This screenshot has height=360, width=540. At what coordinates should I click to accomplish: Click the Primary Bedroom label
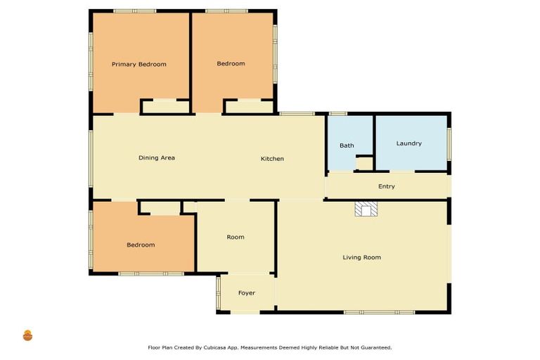pyautogui.click(x=139, y=64)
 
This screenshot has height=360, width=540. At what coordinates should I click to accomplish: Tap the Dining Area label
pyautogui.click(x=156, y=158)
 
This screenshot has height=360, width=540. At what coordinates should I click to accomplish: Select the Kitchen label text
pyautogui.click(x=272, y=159)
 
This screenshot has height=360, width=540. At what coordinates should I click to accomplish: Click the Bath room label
pyautogui.click(x=347, y=146)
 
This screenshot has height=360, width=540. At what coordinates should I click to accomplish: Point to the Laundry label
pyautogui.click(x=409, y=143)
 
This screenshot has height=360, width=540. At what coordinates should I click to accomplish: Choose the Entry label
pyautogui.click(x=386, y=186)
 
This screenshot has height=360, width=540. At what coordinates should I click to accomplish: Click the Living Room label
pyautogui.click(x=361, y=257)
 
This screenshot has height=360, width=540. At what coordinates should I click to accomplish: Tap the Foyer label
pyautogui.click(x=246, y=292)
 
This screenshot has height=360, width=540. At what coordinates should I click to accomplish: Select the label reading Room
pyautogui.click(x=236, y=237)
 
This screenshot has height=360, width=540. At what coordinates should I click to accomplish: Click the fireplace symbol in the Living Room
pyautogui.click(x=366, y=209)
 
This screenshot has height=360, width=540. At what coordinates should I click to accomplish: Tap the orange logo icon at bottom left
pyautogui.click(x=28, y=335)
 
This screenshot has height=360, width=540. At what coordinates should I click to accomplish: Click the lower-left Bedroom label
pyautogui.click(x=141, y=245)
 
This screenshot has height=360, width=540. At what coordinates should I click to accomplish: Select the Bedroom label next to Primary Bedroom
pyautogui.click(x=231, y=64)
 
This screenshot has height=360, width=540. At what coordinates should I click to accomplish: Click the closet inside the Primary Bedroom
pyautogui.click(x=165, y=107)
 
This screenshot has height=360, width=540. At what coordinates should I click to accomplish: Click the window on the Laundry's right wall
pyautogui.click(x=449, y=143)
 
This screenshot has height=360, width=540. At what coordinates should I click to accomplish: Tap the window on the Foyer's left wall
pyautogui.click(x=219, y=292)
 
